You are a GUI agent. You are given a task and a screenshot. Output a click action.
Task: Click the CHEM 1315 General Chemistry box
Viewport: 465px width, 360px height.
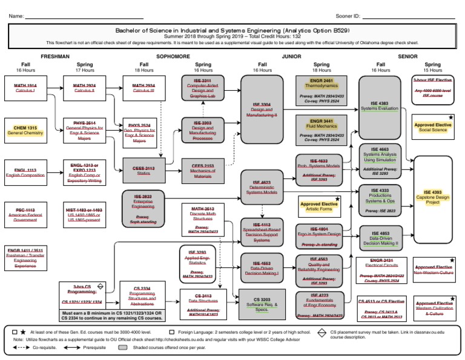click(25, 130)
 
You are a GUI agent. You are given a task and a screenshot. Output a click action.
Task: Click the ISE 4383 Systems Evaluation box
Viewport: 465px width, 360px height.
click(380, 106)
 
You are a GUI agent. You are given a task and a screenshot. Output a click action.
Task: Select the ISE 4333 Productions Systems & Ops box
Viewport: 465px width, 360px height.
click(380, 200)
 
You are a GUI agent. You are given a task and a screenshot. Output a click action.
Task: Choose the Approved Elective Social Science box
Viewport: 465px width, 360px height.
click(432, 127)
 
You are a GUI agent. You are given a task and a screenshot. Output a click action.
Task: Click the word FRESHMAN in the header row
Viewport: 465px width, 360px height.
click(55, 56)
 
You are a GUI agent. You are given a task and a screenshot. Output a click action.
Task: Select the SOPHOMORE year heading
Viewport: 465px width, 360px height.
click(173, 56)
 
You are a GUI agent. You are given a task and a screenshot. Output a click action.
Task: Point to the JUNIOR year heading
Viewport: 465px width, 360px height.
click(291, 56)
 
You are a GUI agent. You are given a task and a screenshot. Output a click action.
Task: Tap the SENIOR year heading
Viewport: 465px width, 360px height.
click(407, 56)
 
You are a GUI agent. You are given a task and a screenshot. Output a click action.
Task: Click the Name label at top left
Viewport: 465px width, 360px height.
click(16, 16)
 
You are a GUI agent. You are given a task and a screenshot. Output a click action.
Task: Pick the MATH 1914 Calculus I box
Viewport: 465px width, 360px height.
click(25, 89)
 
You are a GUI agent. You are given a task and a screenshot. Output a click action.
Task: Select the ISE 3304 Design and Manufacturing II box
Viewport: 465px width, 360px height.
click(262, 109)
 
